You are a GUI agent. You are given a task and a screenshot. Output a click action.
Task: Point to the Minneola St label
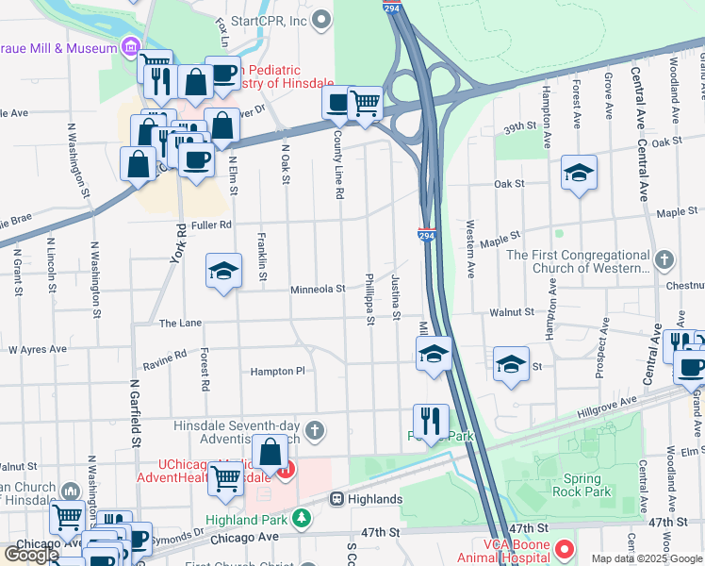click(x=317, y=290)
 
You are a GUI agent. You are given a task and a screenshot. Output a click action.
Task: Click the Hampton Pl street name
click(x=277, y=371)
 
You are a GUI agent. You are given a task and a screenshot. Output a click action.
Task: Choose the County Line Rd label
click(x=337, y=165)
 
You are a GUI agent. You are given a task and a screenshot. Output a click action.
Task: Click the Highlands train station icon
click(x=336, y=498)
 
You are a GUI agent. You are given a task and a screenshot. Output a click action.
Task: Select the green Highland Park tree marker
click(x=301, y=517)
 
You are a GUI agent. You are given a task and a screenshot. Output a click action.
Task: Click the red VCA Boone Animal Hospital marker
click(x=565, y=548)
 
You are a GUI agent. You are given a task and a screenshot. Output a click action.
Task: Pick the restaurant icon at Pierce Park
click(x=431, y=422)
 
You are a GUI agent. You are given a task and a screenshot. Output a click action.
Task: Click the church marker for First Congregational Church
click(x=664, y=260)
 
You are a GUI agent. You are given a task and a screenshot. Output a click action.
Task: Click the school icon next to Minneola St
click(x=222, y=272)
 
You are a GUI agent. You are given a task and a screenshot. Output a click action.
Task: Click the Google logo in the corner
click(x=31, y=555)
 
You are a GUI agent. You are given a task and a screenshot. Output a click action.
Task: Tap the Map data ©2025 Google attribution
click(x=647, y=558)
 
